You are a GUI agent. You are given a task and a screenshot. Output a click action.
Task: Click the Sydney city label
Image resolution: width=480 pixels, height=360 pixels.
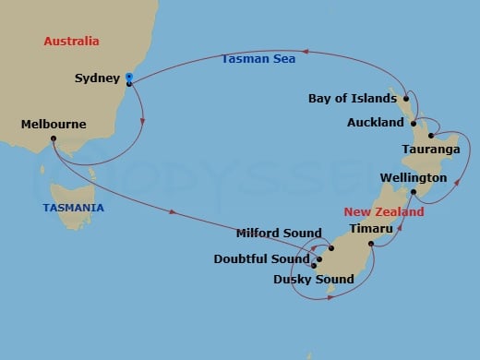(x=95, y=78)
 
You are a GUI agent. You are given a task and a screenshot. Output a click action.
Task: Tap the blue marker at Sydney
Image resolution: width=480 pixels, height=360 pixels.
(x=129, y=77)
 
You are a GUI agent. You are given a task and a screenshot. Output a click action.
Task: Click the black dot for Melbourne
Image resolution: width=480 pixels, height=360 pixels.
(x=54, y=139)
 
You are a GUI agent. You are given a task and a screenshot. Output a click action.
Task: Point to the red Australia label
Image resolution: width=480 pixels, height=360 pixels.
(x=71, y=42)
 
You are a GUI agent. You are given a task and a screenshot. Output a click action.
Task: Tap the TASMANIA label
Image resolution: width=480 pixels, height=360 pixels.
(x=73, y=208)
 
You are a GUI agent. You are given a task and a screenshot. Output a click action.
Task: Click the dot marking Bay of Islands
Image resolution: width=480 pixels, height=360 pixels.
(x=406, y=97)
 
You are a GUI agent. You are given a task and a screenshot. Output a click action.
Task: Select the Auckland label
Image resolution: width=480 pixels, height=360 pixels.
(x=375, y=122)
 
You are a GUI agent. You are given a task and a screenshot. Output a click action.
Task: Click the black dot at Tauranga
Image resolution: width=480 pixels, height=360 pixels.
(x=431, y=135)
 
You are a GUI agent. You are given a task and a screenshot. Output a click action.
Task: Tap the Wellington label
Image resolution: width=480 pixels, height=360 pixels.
(x=413, y=177)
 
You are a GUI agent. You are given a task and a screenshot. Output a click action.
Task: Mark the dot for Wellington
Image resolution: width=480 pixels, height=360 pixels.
(x=414, y=192)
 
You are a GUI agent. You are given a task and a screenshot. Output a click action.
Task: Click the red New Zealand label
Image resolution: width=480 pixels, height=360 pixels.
(x=385, y=211)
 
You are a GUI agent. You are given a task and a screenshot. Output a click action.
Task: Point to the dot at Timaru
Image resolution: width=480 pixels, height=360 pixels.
(x=371, y=244)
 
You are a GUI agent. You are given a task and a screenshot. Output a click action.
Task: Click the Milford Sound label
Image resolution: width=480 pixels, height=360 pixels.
(x=278, y=234)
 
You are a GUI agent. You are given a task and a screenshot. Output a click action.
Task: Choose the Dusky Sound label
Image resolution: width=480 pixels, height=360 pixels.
(x=314, y=279)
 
